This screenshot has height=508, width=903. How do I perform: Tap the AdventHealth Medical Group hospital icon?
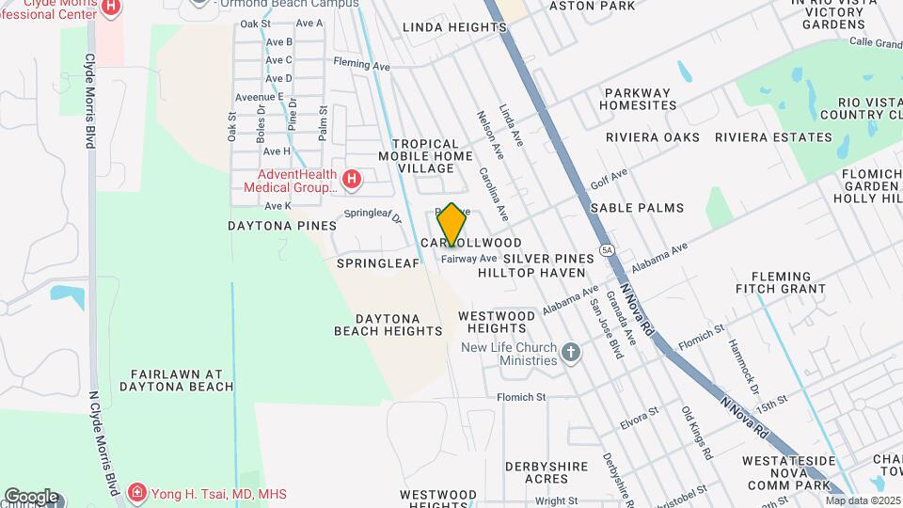352,179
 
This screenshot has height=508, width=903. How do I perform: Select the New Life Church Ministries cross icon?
570,354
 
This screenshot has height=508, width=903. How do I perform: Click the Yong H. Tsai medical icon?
137,493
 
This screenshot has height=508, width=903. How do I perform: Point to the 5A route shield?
608,250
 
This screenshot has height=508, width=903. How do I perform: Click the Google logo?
31,497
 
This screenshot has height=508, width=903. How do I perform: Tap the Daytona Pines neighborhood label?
282,226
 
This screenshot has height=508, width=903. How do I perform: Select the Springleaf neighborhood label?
377,263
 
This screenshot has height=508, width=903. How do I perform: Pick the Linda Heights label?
454,27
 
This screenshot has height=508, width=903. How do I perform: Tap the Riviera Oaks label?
653,137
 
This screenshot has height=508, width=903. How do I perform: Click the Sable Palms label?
637,207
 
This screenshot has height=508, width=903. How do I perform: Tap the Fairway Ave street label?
468,259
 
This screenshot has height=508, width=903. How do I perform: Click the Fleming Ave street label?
361,66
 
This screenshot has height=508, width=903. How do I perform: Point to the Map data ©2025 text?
862,500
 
